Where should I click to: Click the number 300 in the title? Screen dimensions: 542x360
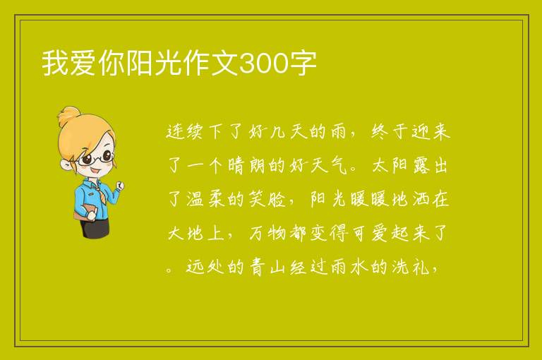click(263, 64)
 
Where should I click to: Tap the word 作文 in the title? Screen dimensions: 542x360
click(210, 64)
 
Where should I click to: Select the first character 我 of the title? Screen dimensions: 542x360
click(55, 64)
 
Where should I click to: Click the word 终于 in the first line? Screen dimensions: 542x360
click(391, 131)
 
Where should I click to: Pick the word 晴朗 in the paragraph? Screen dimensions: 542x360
click(246, 165)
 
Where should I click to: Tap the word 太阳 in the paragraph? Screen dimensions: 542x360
click(390, 165)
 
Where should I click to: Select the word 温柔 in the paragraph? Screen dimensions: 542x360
click(206, 199)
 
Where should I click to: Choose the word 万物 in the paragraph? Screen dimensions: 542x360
click(267, 233)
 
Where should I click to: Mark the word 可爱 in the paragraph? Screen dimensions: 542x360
click(370, 233)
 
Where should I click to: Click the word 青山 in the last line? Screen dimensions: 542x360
click(267, 267)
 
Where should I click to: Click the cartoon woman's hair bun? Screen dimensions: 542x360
click(70, 116)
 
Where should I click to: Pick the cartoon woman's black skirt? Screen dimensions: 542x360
click(95, 227)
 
